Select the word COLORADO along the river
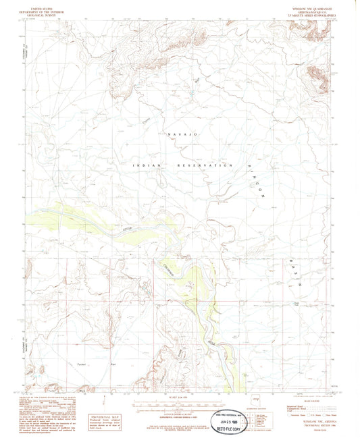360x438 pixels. (172, 268)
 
